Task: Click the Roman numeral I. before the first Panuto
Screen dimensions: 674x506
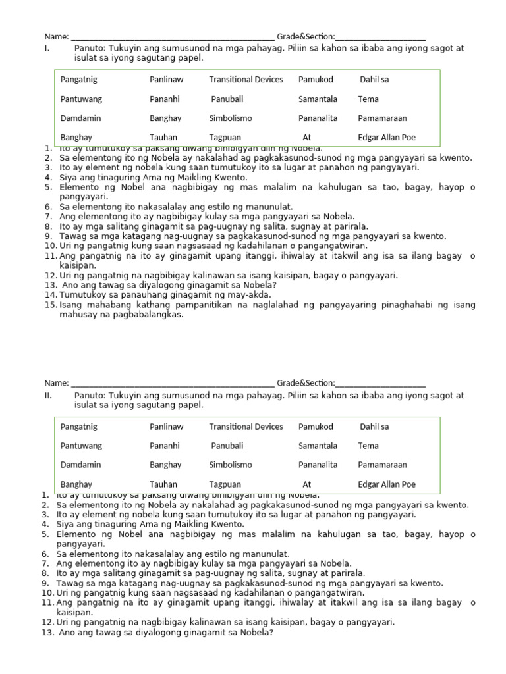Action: pos(47,48)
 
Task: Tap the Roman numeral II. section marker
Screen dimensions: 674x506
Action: pos(48,396)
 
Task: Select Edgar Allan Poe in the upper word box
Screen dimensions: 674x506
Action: pos(387,138)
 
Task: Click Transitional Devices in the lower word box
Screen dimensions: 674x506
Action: pos(246,427)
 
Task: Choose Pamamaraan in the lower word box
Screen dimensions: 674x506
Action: pos(382,465)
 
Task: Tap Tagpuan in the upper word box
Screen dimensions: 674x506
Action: pos(225,138)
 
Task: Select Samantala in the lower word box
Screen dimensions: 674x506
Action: pos(318,446)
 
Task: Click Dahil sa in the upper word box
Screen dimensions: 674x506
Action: pos(374,80)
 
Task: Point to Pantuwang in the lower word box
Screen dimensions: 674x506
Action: pos(81,446)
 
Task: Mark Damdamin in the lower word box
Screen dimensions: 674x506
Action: pos(80,465)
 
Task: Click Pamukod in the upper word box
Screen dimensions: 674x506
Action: pos(316,80)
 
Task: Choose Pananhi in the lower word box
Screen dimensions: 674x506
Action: pos(165,446)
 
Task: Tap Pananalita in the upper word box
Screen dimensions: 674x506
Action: pos(318,118)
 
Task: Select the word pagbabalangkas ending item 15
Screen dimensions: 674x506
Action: pos(150,315)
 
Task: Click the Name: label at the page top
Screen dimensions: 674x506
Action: pos(57,36)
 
